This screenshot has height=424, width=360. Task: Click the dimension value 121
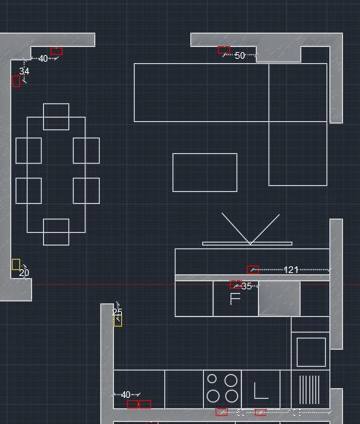pyautogui.click(x=291, y=269)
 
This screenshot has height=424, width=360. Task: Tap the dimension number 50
pyautogui.click(x=240, y=56)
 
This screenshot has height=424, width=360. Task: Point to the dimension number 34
pyautogui.click(x=24, y=71)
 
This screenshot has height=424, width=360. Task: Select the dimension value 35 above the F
pyautogui.click(x=246, y=286)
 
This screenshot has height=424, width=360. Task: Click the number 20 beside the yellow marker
pyautogui.click(x=24, y=272)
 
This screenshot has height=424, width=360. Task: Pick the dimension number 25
pyautogui.click(x=117, y=312)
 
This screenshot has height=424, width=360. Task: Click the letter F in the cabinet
pyautogui.click(x=235, y=299)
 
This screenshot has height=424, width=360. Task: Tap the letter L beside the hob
pyautogui.click(x=261, y=391)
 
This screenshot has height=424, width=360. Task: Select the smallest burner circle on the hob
pyautogui.click(x=212, y=379)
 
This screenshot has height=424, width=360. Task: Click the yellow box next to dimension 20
pyautogui.click(x=16, y=264)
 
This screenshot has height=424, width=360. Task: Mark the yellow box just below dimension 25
pyautogui.click(x=118, y=321)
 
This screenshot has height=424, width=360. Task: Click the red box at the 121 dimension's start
pyautogui.click(x=253, y=269)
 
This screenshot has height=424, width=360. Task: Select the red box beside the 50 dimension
pyautogui.click(x=224, y=50)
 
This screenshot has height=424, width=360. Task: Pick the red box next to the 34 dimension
pyautogui.click(x=16, y=81)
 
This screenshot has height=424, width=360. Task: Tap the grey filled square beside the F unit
pyautogui.click(x=280, y=298)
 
